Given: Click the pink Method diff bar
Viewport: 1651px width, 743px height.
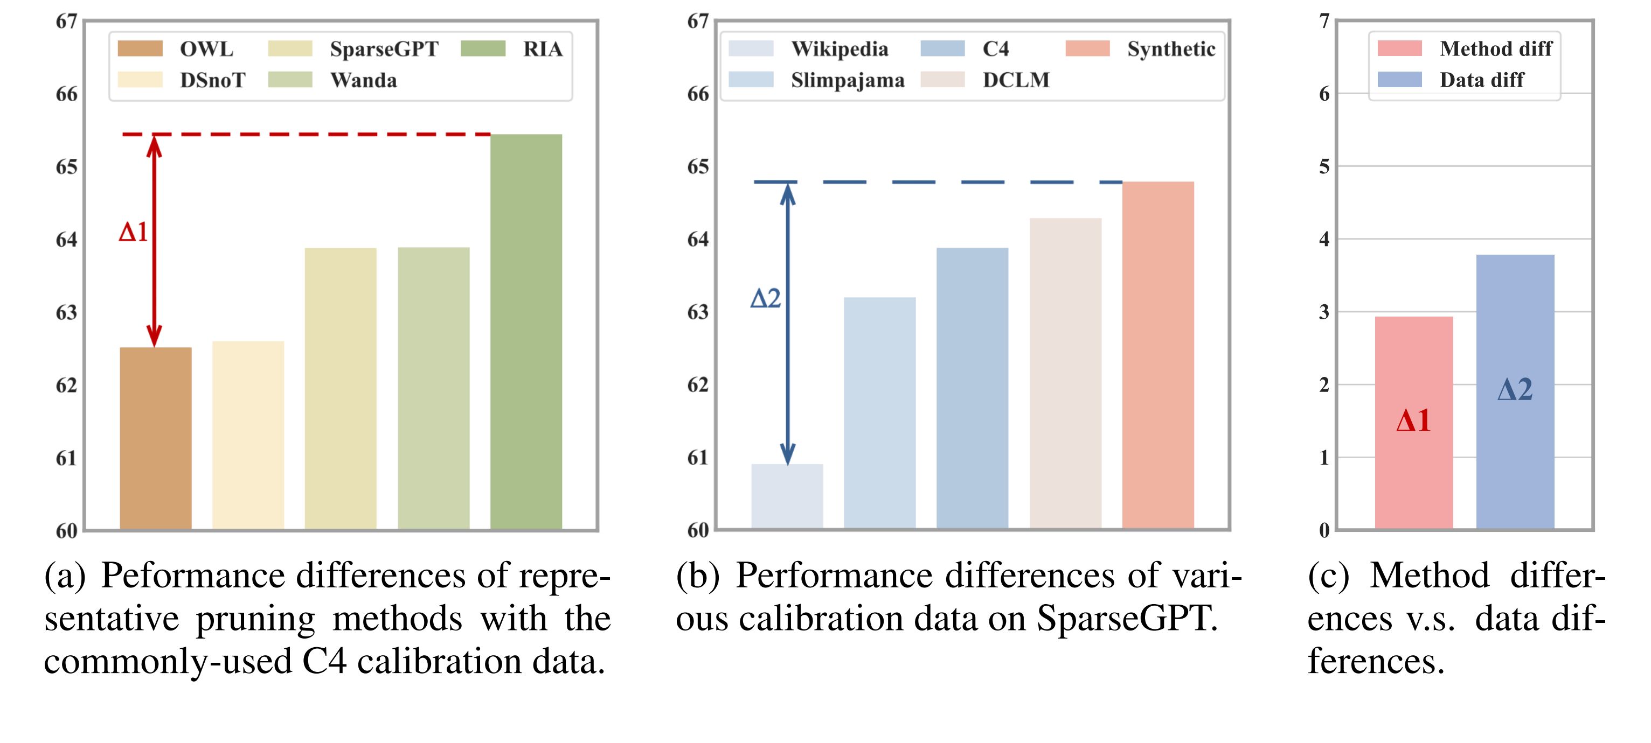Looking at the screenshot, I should [1414, 423].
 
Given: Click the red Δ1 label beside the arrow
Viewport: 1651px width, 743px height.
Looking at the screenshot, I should [133, 232].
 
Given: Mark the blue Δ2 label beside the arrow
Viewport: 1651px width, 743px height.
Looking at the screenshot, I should [765, 298].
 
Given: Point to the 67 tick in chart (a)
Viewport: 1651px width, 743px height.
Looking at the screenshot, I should [67, 22].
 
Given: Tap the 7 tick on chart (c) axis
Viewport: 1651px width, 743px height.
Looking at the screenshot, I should [1324, 22].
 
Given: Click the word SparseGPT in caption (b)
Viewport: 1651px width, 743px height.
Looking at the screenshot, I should [1127, 619].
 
